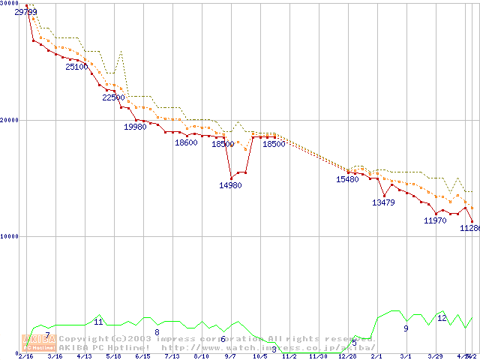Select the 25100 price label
[x=76, y=67]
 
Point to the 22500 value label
[x=114, y=97]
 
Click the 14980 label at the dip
[x=230, y=185]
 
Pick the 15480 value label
[x=347, y=179]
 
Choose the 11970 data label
[x=435, y=220]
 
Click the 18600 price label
[x=186, y=142]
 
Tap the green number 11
[x=98, y=322]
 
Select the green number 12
[x=442, y=318]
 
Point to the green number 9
[x=406, y=328]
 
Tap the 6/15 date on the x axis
[x=142, y=356]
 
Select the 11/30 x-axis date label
[x=318, y=356]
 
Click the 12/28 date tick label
[x=347, y=356]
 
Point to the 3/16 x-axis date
[x=55, y=356]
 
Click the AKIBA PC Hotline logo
[x=37, y=343]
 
